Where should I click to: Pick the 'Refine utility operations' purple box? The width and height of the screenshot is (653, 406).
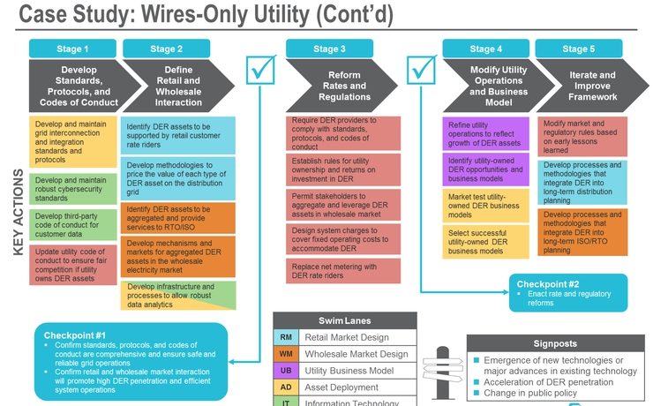click(485, 132)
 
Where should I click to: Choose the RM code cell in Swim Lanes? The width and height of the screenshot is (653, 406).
click(286, 336)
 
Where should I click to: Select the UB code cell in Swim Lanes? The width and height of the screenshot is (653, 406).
click(286, 370)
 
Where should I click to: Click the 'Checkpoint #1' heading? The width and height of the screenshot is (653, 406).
click(75, 335)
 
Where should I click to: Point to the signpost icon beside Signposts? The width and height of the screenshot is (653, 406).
click(439, 371)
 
